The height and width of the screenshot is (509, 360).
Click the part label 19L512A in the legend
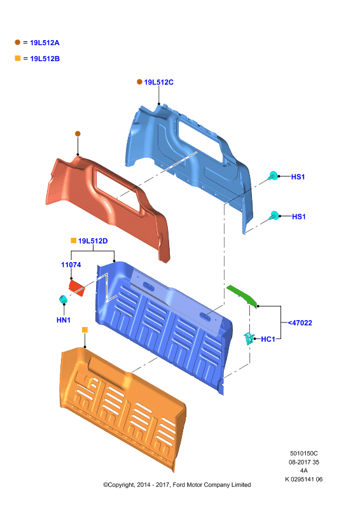(x=45, y=43)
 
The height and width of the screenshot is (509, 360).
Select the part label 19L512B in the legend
(x=45, y=59)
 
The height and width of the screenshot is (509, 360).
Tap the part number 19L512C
(x=159, y=83)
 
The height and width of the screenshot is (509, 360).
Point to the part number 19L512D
(x=93, y=241)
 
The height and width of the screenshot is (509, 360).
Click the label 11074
(x=71, y=265)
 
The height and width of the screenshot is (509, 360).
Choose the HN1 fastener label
(x=64, y=320)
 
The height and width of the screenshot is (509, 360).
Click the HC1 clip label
(x=268, y=339)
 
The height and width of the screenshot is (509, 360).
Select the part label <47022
(x=300, y=323)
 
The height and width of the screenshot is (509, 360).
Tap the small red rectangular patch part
(x=76, y=288)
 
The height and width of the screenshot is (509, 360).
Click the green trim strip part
(x=243, y=296)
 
